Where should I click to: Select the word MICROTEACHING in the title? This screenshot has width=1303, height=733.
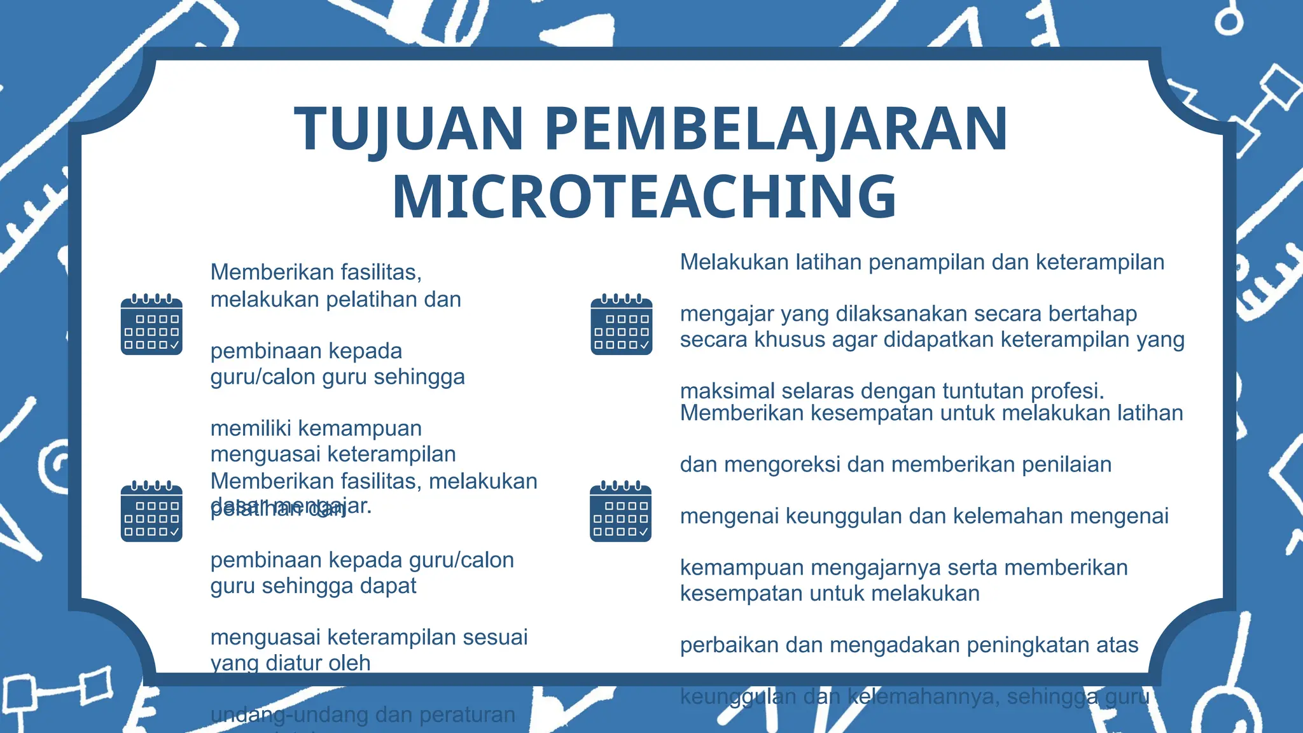point(644,197)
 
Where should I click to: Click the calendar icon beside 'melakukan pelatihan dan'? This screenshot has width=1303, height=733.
point(151,325)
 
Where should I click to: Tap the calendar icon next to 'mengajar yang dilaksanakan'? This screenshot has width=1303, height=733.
point(621,325)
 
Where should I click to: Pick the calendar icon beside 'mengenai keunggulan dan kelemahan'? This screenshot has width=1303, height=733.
point(620,512)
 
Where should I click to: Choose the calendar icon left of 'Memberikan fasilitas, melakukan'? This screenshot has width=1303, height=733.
point(151,512)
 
